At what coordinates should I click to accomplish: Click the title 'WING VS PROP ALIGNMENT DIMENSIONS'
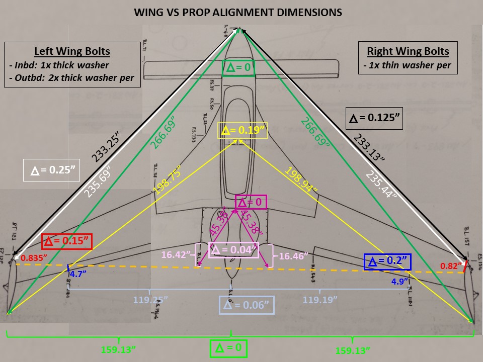[238, 12]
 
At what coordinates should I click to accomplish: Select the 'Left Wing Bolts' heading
[72, 51]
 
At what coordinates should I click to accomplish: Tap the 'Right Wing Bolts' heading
[408, 51]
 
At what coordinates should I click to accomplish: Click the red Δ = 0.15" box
[67, 241]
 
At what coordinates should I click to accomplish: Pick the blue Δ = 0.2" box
[387, 262]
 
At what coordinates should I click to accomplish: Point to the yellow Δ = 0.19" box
[243, 131]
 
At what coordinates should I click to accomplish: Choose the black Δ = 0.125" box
[375, 119]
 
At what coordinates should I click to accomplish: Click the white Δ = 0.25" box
[52, 170]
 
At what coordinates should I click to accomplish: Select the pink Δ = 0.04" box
[233, 250]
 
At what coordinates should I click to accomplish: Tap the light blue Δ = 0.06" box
[247, 305]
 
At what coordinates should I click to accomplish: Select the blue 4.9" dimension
[400, 281]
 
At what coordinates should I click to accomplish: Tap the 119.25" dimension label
[150, 300]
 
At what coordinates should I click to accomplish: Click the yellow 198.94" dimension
[301, 181]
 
